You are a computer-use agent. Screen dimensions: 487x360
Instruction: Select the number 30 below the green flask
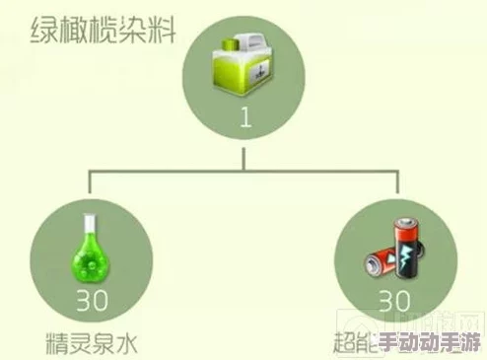pos(92,300)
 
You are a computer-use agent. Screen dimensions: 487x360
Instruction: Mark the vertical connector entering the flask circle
pos(90,185)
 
